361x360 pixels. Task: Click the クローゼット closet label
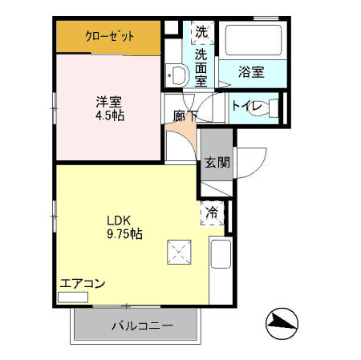click(x=110, y=36)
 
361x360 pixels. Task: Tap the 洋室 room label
click(x=109, y=101)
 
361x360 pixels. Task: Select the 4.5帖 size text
click(x=109, y=115)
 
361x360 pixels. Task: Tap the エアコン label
click(x=83, y=283)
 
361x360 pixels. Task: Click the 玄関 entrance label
click(x=216, y=163)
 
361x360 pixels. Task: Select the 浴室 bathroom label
click(x=251, y=71)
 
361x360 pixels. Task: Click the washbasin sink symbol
click(x=176, y=74)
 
